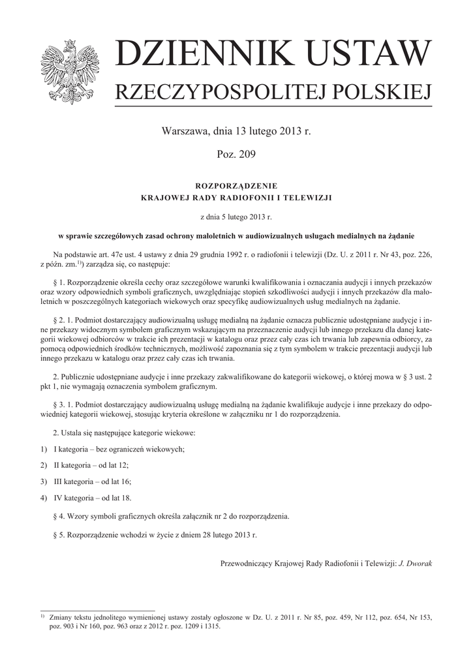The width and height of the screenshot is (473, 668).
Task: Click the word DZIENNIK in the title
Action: tap(193, 54)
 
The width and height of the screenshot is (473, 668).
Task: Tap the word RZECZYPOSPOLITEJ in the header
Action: tap(219, 93)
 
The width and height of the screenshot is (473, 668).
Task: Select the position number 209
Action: tap(246, 155)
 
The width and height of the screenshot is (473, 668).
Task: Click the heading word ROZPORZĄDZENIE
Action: tap(236, 185)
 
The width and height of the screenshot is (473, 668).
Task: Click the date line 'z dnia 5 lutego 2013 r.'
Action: tap(236, 215)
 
